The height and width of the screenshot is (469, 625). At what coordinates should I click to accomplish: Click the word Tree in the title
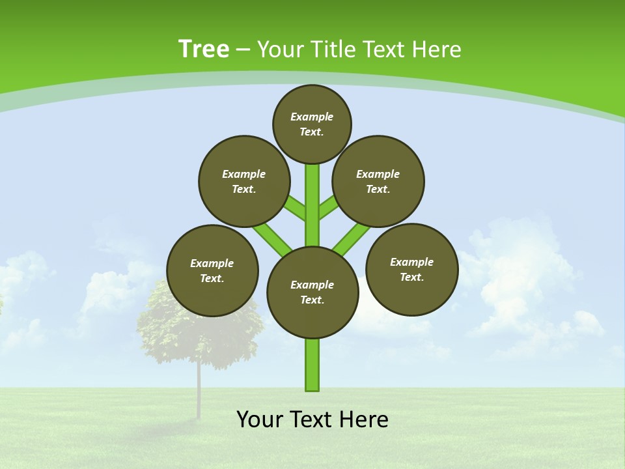[x=204, y=50]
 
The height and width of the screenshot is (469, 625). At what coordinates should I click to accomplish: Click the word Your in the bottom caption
[x=260, y=419]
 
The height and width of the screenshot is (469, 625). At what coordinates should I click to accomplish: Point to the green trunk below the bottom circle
[x=312, y=365]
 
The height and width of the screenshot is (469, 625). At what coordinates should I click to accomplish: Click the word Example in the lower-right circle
[x=411, y=262]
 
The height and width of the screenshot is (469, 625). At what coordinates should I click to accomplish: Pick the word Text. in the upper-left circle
[x=244, y=190]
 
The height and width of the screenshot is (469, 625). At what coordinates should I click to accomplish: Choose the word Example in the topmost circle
[x=312, y=117]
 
